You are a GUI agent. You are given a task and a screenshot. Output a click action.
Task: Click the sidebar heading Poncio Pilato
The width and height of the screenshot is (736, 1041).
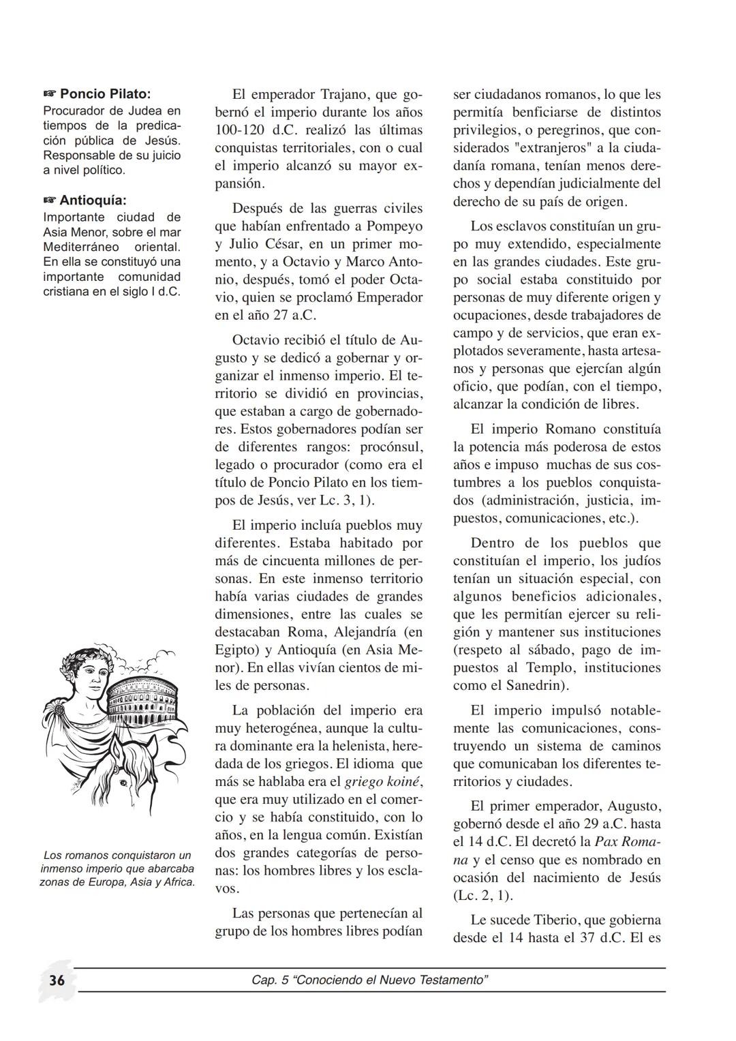point(105,93)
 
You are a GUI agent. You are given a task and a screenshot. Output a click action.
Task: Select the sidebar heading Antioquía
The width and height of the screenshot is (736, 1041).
point(93,200)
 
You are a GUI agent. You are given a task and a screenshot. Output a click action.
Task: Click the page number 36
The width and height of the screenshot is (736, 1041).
point(57,980)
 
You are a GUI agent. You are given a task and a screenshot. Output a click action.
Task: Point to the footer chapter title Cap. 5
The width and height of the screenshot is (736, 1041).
point(369,980)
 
